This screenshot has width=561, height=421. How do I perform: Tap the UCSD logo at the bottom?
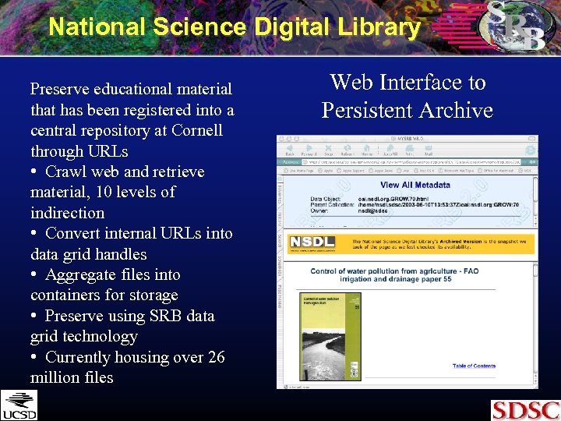click(x=19, y=405)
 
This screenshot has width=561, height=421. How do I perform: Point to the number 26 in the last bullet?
click(x=216, y=357)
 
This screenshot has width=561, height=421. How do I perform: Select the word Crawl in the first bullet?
click(x=66, y=172)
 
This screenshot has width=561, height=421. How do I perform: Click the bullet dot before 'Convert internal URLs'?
click(x=35, y=234)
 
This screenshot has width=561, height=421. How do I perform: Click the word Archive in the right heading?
click(x=455, y=110)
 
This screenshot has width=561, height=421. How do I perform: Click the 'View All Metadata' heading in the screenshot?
click(x=415, y=185)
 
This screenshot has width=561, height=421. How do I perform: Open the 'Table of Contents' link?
click(x=474, y=366)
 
